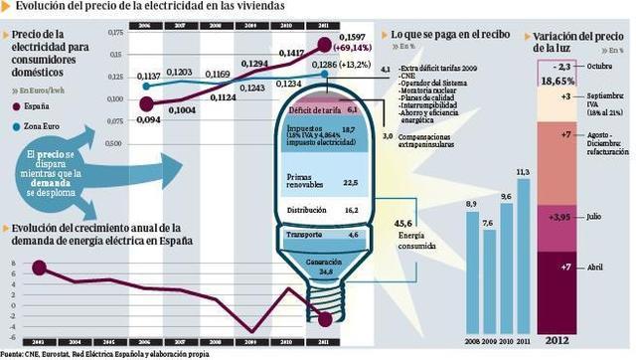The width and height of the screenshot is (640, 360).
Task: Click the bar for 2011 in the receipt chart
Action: coord(523,264)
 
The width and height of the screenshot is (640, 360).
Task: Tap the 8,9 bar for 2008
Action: coord(470,276)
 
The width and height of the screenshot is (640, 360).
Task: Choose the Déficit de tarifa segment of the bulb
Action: coord(320,107)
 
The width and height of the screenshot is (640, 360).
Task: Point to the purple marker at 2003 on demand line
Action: coord(39,267)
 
